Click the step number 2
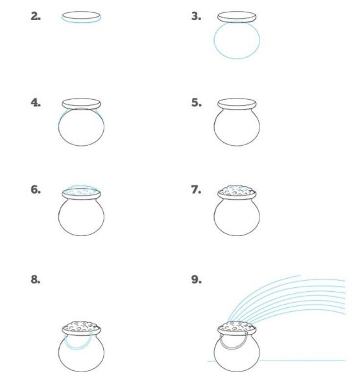tap(36, 16)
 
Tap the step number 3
tap(196, 16)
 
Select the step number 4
tap(36, 102)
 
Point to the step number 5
tap(196, 102)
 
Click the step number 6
tap(36, 190)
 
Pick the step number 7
tap(196, 190)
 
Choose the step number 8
tap(36, 279)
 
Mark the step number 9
tap(196, 279)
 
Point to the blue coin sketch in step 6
tap(82, 190)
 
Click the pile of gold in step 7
tap(237, 191)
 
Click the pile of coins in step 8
tap(81, 326)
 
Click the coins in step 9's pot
tap(237, 326)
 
